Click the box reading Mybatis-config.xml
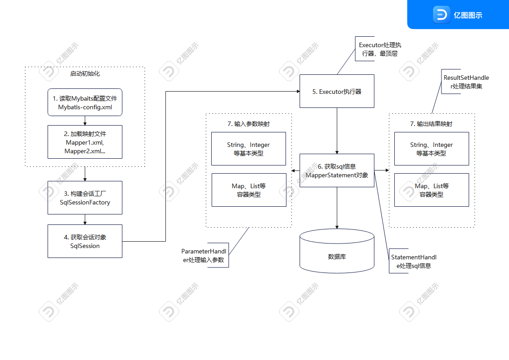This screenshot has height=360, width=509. [85, 102]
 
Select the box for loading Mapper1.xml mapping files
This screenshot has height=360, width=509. [85, 142]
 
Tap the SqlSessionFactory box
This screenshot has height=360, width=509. [85, 198]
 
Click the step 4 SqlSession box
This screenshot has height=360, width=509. [85, 241]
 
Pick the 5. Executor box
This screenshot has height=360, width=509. [337, 91]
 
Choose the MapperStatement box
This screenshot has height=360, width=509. [337, 170]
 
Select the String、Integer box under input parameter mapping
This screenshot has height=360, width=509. [248, 149]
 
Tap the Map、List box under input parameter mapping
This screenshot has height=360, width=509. [248, 190]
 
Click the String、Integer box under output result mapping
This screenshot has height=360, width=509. [431, 149]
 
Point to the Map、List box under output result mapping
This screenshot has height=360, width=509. [431, 190]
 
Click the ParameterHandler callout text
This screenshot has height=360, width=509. [204, 255]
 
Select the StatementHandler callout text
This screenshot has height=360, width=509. [413, 261]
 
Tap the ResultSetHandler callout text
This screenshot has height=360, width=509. [465, 82]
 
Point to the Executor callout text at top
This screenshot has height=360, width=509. [379, 49]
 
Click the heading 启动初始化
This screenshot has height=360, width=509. [85, 73]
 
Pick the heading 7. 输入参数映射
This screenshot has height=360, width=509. [248, 123]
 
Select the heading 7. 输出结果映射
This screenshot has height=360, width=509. [431, 123]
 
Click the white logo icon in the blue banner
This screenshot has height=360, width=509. [441, 15]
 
